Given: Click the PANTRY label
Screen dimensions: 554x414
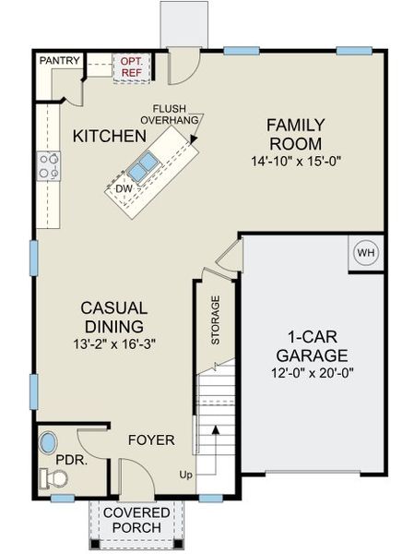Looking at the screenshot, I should (x=61, y=61).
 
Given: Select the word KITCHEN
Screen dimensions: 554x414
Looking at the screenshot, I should (x=109, y=137).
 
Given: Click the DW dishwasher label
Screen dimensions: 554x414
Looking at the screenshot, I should (x=124, y=188).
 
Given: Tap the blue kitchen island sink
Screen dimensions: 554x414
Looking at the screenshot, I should (x=142, y=167).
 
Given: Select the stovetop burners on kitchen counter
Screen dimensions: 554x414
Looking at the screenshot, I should (x=49, y=168).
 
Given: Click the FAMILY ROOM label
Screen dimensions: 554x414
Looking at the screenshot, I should (x=294, y=134).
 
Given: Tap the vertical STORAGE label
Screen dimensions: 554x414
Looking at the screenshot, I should (x=216, y=320).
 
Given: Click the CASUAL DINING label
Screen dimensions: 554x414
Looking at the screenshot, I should (x=112, y=317).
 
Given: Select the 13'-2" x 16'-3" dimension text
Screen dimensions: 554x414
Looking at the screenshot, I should (x=112, y=343).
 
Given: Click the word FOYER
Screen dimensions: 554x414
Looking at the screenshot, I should (x=150, y=440).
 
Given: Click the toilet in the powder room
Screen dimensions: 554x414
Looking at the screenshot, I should (x=53, y=477).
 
